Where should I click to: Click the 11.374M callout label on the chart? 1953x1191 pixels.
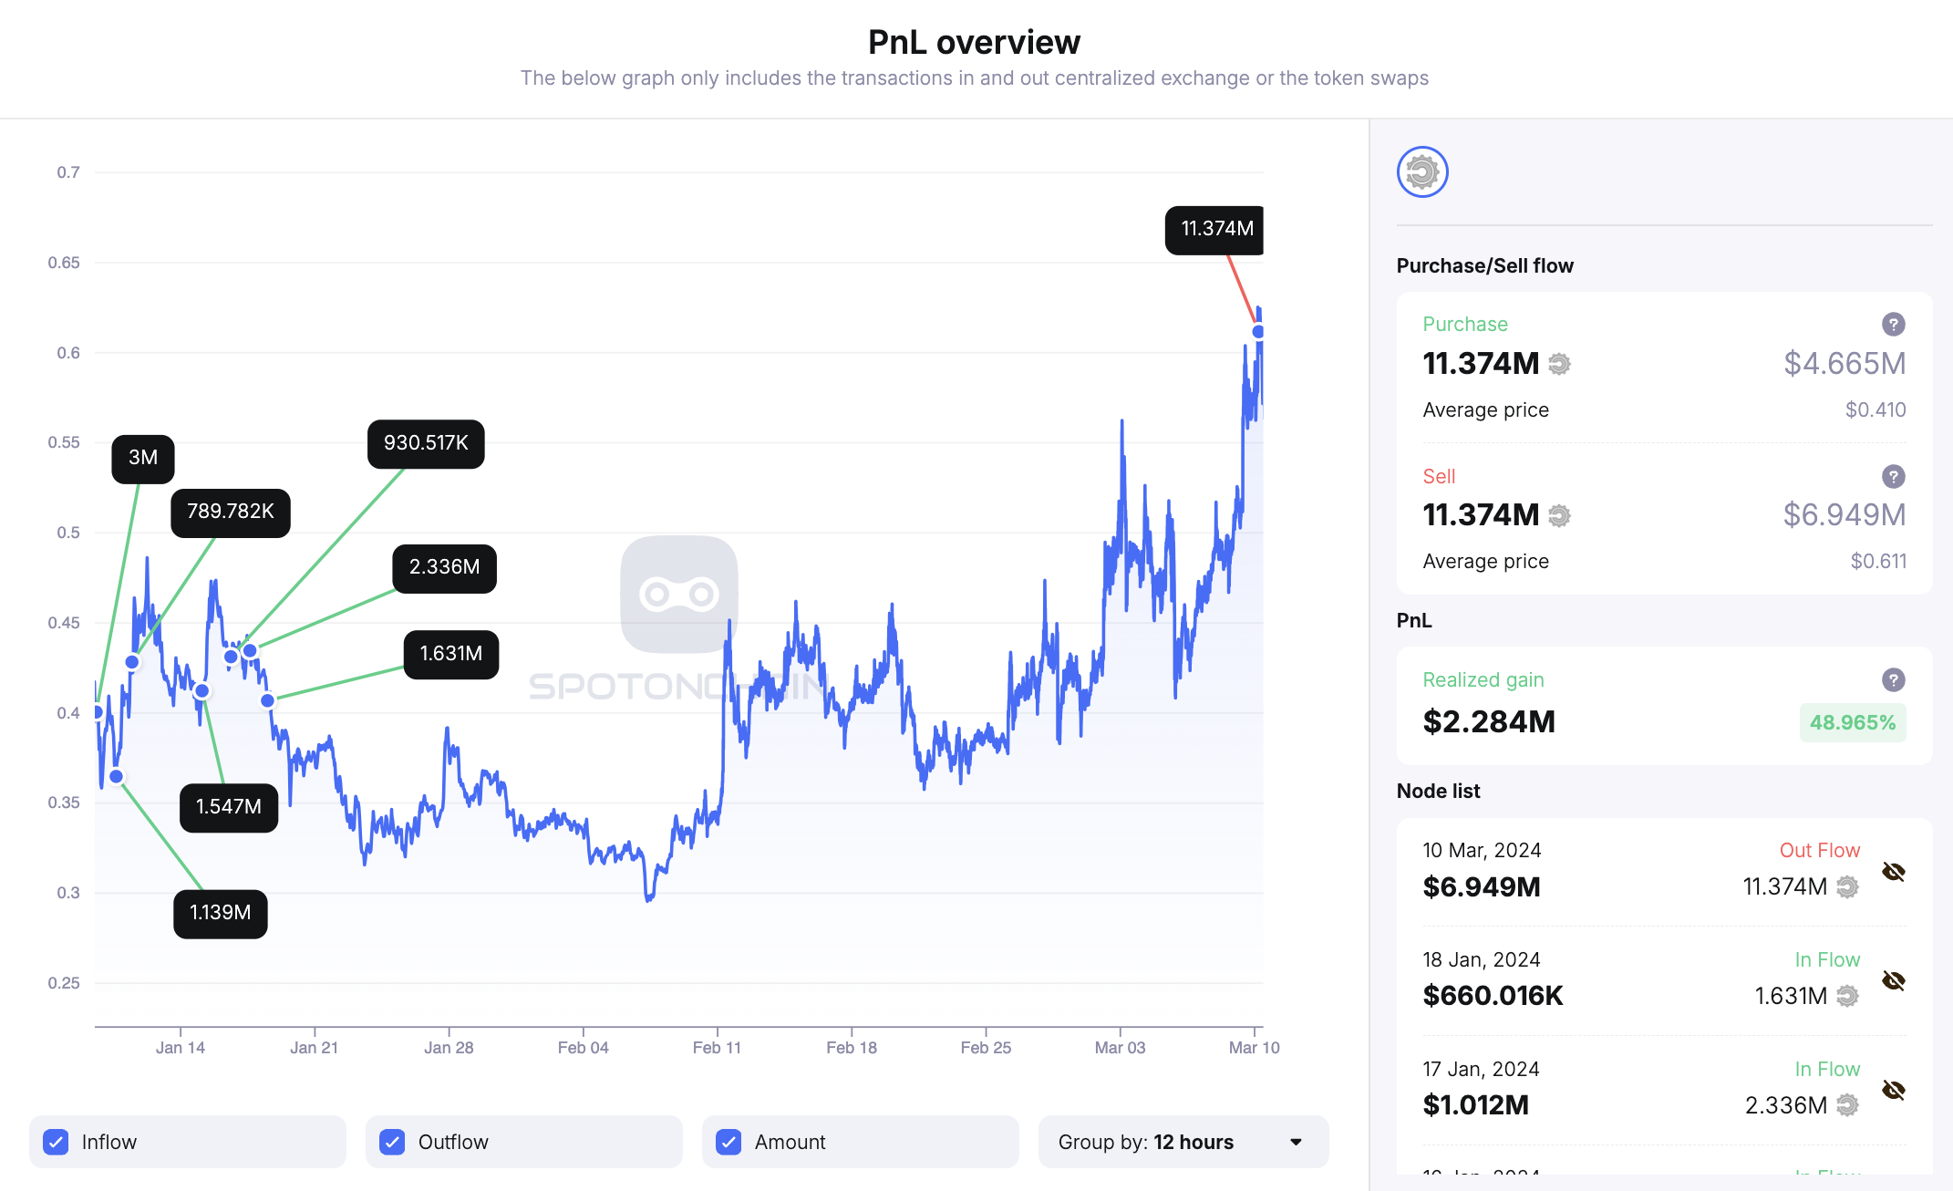pyautogui.click(x=1215, y=229)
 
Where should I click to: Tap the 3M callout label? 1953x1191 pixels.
pyautogui.click(x=142, y=458)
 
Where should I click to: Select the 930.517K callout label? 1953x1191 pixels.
pyautogui.click(x=426, y=443)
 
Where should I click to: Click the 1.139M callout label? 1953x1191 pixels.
pyautogui.click(x=220, y=913)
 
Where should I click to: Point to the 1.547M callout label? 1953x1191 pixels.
pyautogui.click(x=229, y=807)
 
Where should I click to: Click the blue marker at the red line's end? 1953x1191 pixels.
pyautogui.click(x=1258, y=332)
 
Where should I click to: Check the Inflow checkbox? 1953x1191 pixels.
pyautogui.click(x=57, y=1142)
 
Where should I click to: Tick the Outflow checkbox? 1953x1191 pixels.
pyautogui.click(x=392, y=1142)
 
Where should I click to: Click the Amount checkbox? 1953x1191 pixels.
pyautogui.click(x=728, y=1142)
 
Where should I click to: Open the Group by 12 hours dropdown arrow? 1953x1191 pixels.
pyautogui.click(x=1296, y=1142)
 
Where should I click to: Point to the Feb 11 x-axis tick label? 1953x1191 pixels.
pyautogui.click(x=717, y=1048)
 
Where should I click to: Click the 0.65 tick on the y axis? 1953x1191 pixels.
pyautogui.click(x=64, y=263)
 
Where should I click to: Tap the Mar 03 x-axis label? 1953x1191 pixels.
pyautogui.click(x=1120, y=1048)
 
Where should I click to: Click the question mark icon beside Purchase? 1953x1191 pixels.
pyautogui.click(x=1893, y=324)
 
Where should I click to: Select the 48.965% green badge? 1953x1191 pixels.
pyautogui.click(x=1852, y=722)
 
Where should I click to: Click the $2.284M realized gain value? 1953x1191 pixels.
pyautogui.click(x=1488, y=722)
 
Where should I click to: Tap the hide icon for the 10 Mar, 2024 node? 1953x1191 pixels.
pyautogui.click(x=1893, y=872)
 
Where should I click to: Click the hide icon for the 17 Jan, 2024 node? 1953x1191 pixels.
pyautogui.click(x=1893, y=1091)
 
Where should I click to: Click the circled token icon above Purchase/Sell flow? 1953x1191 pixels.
pyautogui.click(x=1422, y=171)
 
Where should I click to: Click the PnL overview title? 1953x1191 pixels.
pyautogui.click(x=974, y=42)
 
